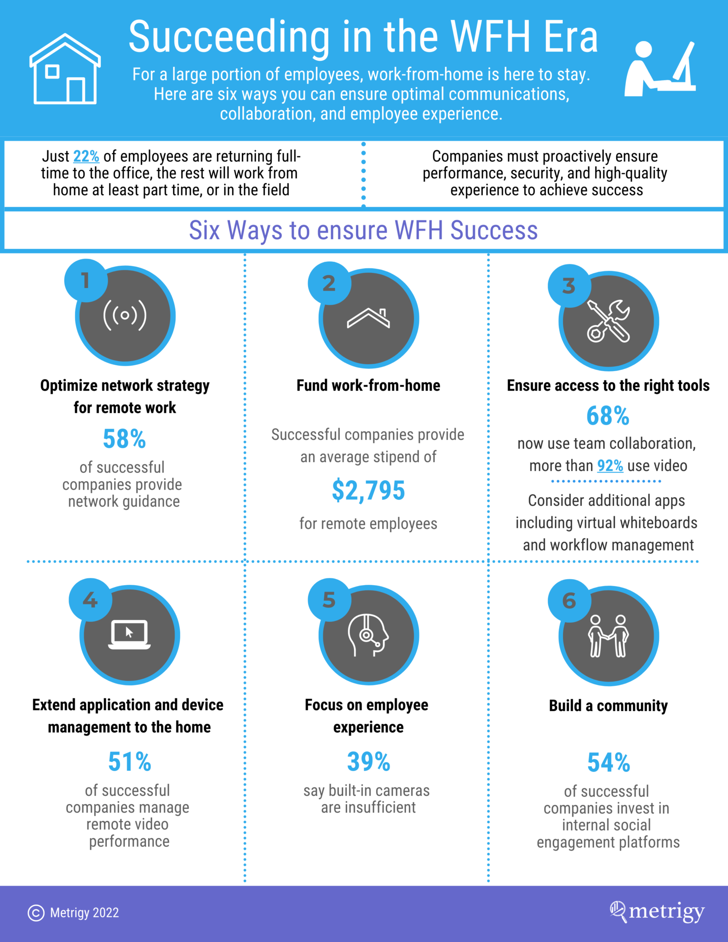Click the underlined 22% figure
coord(86,156)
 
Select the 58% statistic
coord(124,439)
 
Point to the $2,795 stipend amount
coord(368,490)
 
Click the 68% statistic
coord(608,416)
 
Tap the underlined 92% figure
coord(610,466)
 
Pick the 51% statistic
coord(129,762)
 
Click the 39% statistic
coord(368,762)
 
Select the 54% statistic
coord(608,763)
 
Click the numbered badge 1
coord(86,281)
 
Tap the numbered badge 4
coord(90,600)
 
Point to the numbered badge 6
coord(569,601)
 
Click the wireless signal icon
coord(125,316)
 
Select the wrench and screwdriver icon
coord(608,321)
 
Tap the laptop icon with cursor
coord(129,635)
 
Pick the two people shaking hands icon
coord(608,636)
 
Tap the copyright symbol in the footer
coord(36,913)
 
